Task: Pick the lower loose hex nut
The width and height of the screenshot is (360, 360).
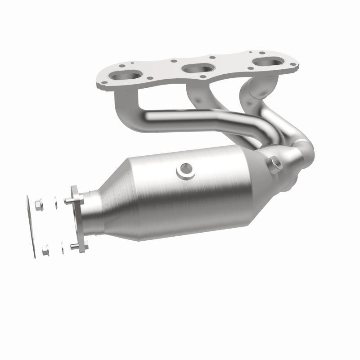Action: (x=45, y=251)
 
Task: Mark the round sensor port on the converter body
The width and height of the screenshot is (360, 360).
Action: (x=184, y=170)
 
